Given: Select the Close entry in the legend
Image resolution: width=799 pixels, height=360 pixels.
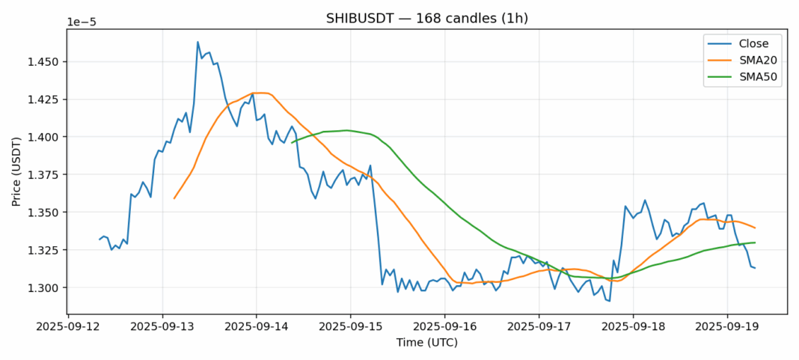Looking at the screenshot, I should pyautogui.click(x=748, y=43).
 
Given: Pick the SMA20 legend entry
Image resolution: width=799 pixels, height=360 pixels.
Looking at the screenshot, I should pyautogui.click(x=752, y=60).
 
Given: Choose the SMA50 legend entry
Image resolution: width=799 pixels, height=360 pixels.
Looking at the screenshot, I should pyautogui.click(x=752, y=76).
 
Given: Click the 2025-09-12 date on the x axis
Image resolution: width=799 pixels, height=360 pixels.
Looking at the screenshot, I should pyautogui.click(x=68, y=326).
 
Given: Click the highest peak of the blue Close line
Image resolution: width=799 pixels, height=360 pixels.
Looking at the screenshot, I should pyautogui.click(x=198, y=42).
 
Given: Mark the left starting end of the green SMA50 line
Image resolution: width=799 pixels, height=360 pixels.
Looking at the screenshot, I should pyautogui.click(x=292, y=141).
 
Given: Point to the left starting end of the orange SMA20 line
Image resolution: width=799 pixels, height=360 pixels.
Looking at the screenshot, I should pyautogui.click(x=174, y=198).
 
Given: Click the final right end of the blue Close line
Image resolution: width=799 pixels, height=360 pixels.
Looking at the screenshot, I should pyautogui.click(x=755, y=268).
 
